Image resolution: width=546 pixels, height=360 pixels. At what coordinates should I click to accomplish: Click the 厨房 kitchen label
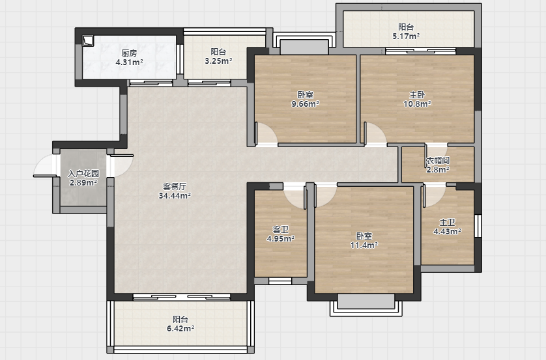pyautogui.click(x=129, y=53)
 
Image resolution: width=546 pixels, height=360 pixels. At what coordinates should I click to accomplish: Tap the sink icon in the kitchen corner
pyautogui.click(x=88, y=41)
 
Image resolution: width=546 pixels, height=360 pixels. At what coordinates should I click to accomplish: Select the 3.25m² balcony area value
pyautogui.click(x=218, y=61)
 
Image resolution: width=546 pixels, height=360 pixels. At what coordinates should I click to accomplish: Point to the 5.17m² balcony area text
pyautogui.click(x=406, y=36)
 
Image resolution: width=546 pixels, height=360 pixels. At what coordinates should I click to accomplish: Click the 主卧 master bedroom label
pyautogui.click(x=417, y=94)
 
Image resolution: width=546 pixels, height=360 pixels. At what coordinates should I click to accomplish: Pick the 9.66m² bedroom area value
pyautogui.click(x=306, y=104)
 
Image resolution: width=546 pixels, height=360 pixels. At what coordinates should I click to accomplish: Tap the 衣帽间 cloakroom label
pyautogui.click(x=438, y=161)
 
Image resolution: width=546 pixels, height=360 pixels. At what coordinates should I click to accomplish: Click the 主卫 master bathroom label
pyautogui.click(x=447, y=222)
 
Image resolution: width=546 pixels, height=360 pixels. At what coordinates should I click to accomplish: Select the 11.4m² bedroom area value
pyautogui.click(x=364, y=245)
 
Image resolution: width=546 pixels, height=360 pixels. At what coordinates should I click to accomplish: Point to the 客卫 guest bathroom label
pyautogui.click(x=280, y=230)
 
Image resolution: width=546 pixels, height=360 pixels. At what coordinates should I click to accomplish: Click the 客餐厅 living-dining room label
pyautogui.click(x=175, y=186)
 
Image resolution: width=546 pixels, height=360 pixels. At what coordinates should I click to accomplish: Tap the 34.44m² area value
pyautogui.click(x=175, y=195)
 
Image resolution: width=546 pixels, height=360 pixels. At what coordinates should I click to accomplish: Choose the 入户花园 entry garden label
pyautogui.click(x=83, y=174)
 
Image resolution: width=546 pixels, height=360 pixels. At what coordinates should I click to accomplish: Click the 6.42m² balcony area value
pyautogui.click(x=180, y=328)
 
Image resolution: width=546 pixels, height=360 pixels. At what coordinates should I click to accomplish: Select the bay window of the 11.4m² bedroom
pyautogui.click(x=366, y=305)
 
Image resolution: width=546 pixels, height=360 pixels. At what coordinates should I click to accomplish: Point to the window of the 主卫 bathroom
pyautogui.click(x=478, y=226)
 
